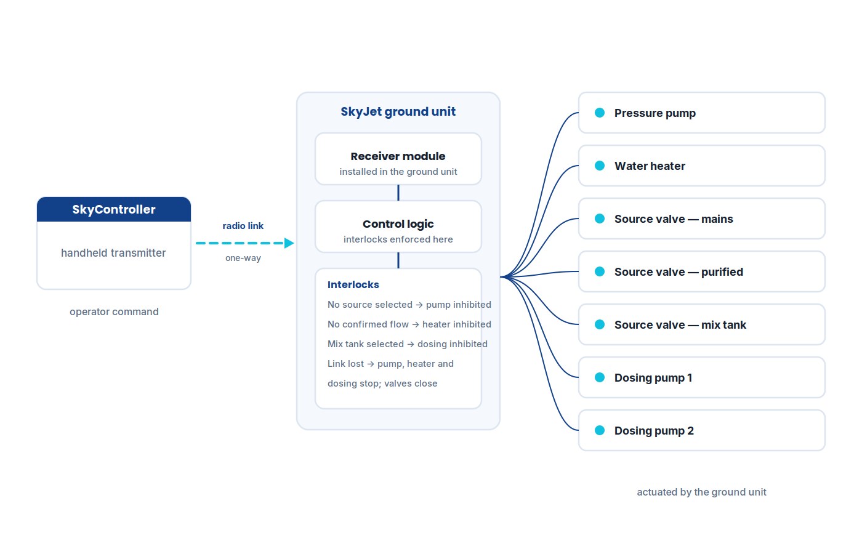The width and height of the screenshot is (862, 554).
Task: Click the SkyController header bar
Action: (x=114, y=209)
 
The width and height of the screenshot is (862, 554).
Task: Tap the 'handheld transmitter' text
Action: (x=113, y=253)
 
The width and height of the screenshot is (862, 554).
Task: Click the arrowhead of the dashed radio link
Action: (x=289, y=243)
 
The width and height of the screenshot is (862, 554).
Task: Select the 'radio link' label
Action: (x=243, y=226)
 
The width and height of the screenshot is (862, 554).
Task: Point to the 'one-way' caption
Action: (x=243, y=258)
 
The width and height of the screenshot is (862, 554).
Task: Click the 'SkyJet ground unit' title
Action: (x=398, y=111)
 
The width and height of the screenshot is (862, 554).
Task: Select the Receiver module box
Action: (x=398, y=159)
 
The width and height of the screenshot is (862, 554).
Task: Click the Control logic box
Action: (x=398, y=227)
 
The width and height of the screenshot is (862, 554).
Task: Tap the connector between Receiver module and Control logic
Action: (x=398, y=193)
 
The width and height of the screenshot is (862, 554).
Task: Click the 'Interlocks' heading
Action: (x=353, y=284)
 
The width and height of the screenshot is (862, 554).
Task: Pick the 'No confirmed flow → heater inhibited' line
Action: (x=409, y=324)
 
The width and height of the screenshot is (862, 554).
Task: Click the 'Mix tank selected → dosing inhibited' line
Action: (x=407, y=344)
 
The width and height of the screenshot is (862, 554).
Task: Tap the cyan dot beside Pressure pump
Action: (x=600, y=113)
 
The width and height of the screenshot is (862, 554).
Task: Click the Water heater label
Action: (x=650, y=166)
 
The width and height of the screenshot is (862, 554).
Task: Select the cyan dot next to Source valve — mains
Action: (x=600, y=219)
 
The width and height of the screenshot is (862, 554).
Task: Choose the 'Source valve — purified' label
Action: (x=679, y=272)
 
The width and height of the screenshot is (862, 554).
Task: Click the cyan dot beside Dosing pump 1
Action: (x=600, y=377)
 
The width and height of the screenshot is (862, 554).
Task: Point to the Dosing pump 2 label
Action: (x=654, y=430)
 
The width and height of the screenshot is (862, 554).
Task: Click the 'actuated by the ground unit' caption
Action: (x=701, y=492)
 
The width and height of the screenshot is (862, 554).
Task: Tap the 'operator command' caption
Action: (x=114, y=311)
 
